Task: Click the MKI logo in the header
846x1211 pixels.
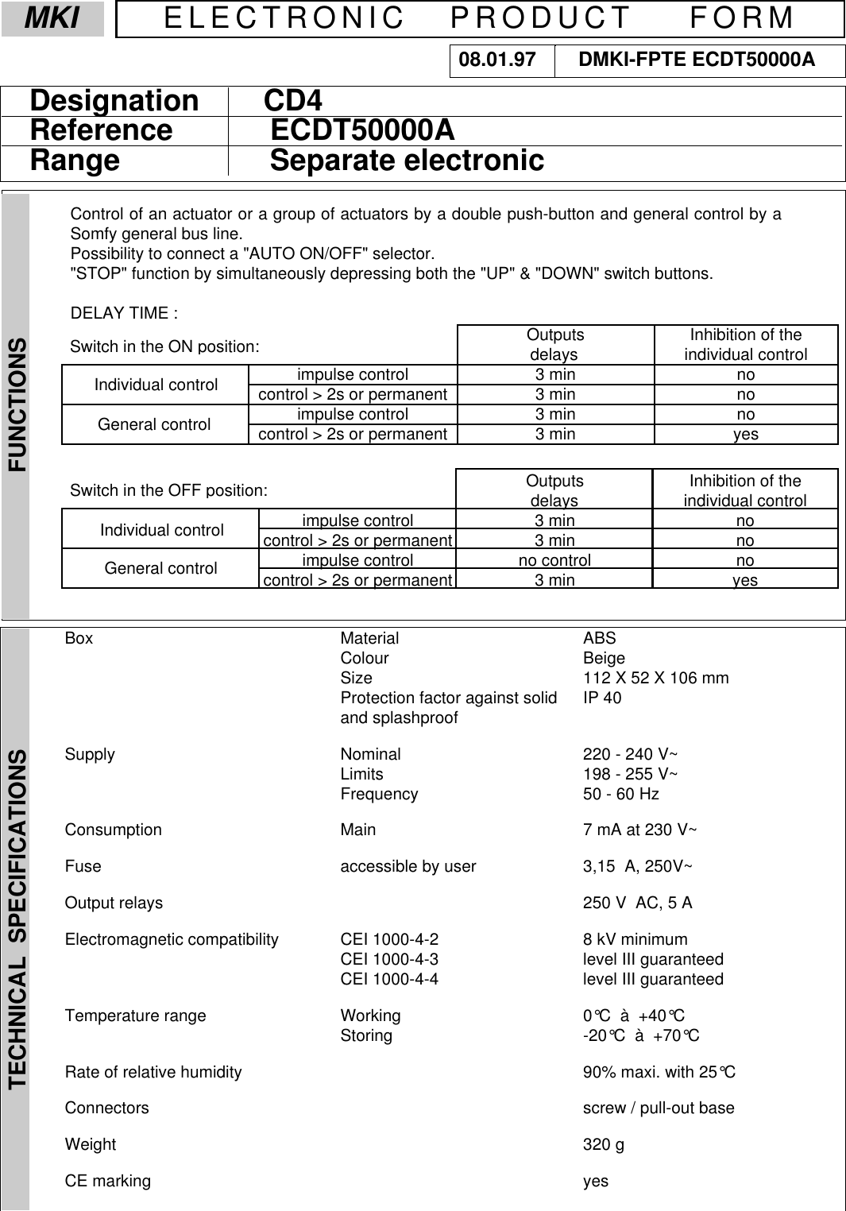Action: [52, 18]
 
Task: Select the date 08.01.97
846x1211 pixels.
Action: [497, 60]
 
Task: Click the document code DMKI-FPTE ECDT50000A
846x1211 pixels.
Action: [697, 60]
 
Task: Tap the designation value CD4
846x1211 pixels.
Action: [292, 101]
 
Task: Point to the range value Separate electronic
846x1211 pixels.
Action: [407, 161]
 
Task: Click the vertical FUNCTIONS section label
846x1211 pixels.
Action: [17, 405]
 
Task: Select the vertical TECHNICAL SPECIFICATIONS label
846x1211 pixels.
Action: [17, 918]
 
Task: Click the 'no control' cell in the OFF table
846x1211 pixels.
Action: [554, 560]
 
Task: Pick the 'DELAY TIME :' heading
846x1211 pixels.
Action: [124, 313]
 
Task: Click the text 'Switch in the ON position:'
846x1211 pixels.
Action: [164, 346]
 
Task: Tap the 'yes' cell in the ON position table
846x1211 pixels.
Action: [745, 434]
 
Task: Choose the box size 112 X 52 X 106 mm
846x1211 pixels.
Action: [655, 678]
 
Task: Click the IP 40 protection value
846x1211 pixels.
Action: [602, 698]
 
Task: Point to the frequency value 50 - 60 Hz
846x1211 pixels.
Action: [620, 794]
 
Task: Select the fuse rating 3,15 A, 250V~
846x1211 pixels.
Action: [637, 866]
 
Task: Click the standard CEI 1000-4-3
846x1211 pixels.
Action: [389, 959]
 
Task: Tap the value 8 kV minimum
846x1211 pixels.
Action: [635, 939]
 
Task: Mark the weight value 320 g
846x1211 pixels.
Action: [603, 1144]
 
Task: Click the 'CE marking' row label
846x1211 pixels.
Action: [107, 1181]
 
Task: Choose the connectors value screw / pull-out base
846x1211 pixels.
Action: [658, 1108]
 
